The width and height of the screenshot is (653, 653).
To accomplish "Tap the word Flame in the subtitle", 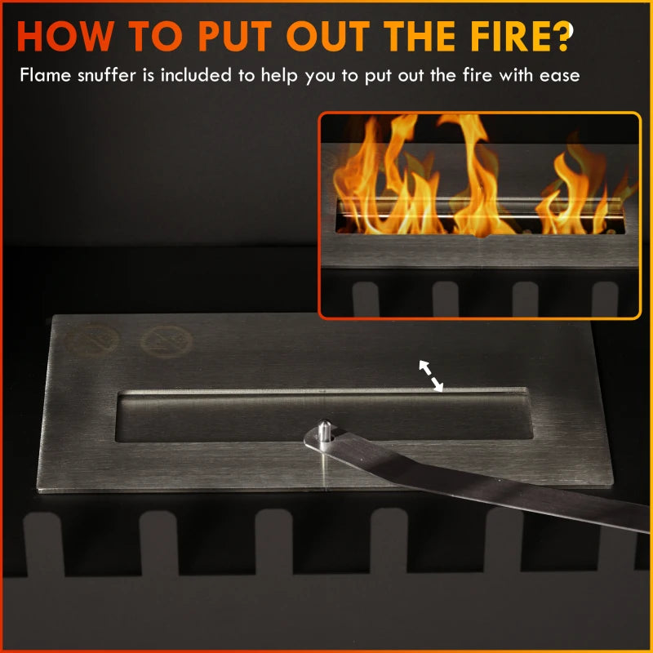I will click(44, 76).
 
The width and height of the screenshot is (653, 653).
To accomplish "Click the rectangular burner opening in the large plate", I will click(245, 416).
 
